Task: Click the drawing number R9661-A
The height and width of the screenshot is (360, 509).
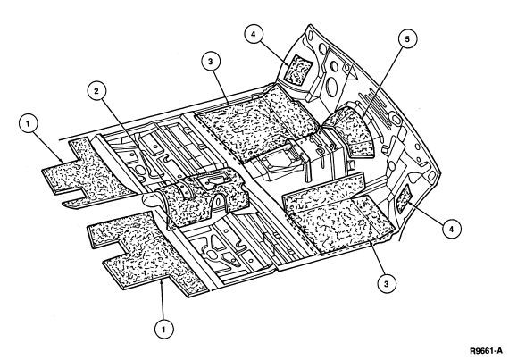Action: tap(487, 350)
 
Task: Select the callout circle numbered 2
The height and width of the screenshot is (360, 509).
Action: tap(96, 91)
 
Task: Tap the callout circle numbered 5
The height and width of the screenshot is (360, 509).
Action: tap(407, 39)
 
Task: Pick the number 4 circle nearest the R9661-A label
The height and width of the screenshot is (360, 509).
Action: tap(452, 230)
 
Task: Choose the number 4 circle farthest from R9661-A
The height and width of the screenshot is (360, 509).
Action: tap(254, 35)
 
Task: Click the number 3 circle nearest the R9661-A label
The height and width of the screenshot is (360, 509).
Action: tap(387, 284)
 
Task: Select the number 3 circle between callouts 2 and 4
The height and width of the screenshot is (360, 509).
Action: tap(211, 61)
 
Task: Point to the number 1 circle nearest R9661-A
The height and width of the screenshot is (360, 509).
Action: tap(163, 330)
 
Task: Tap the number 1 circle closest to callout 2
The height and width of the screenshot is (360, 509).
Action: tap(29, 123)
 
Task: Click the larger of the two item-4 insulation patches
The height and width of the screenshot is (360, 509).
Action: tap(297, 69)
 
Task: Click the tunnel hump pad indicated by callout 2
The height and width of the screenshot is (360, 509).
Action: tap(203, 197)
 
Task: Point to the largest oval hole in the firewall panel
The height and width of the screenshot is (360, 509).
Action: tap(330, 86)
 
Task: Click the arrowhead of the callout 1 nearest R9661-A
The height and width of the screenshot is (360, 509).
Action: tap(162, 283)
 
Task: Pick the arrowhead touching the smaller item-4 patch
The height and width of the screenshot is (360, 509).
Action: tap(410, 203)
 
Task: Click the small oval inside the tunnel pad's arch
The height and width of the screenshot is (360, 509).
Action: tap(219, 202)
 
